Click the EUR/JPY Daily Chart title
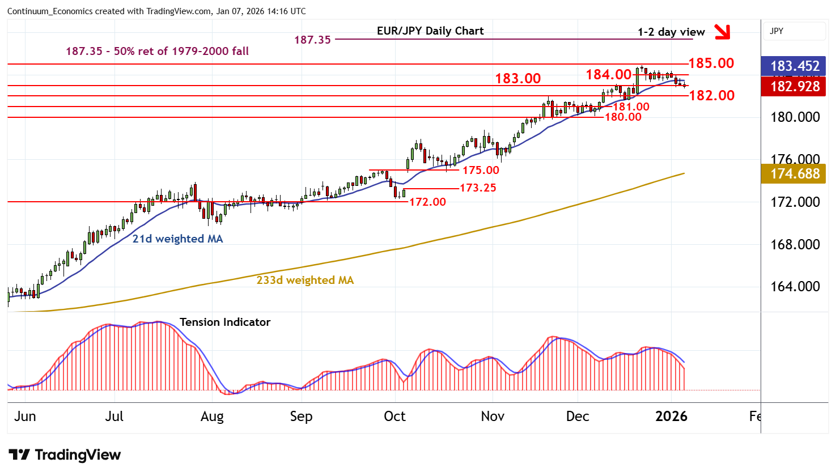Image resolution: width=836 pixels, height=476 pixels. pos(430,31)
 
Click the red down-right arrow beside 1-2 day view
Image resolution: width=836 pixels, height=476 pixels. pos(722,32)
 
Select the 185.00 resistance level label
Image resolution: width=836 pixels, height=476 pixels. pos(711,63)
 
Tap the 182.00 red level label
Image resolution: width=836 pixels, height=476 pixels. pos(712,95)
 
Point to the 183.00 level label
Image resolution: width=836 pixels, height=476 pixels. pos(517,78)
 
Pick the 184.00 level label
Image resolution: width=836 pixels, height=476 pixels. pos(608,74)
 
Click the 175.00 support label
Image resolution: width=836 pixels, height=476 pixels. pos(481,170)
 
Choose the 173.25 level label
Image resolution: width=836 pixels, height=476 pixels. pos(478,188)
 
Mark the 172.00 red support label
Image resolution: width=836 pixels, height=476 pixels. pos(427,202)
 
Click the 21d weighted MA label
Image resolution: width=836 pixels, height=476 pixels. pos(177,239)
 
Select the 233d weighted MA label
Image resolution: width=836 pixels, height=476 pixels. pos(305,280)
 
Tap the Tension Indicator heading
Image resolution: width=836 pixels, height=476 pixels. pos(225,322)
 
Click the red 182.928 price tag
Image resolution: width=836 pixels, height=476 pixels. pos(795,87)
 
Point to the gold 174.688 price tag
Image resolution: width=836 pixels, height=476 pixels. pos(795,173)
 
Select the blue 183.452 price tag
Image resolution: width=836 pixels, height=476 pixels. pos(795,66)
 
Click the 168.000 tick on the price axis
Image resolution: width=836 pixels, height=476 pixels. pos(795,244)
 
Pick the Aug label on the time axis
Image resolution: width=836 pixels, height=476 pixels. pos(212,416)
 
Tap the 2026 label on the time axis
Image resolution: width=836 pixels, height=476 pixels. pos(671,416)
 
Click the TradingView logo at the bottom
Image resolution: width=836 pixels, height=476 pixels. pos(65,455)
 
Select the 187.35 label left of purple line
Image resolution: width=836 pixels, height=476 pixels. pos(312,40)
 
